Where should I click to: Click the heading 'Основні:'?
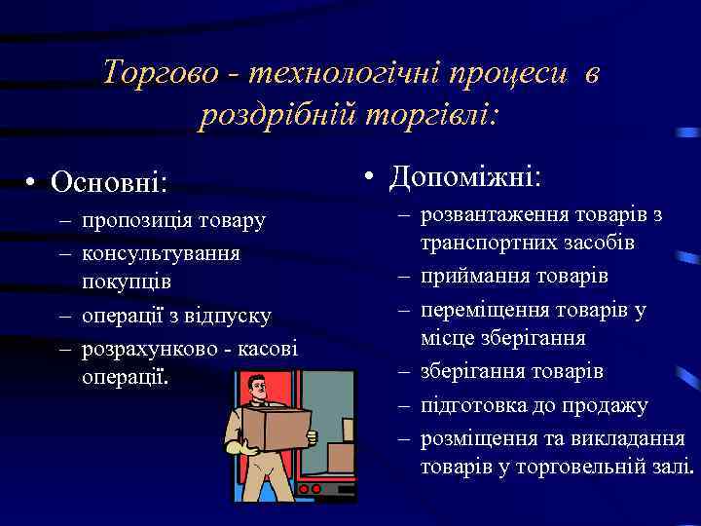pos(109,181)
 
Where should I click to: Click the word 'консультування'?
pos(162,252)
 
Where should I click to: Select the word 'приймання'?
pos(471,277)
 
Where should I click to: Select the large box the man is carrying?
pos(277,429)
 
